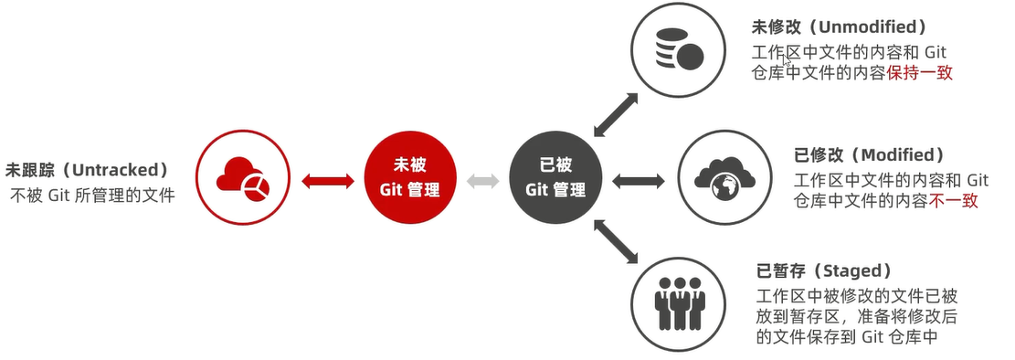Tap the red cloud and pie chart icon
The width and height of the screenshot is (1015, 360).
(x=243, y=177)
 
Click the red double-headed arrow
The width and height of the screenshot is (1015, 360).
(x=327, y=180)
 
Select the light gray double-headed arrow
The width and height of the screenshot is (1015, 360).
(x=482, y=180)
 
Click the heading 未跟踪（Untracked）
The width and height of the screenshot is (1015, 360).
(x=88, y=170)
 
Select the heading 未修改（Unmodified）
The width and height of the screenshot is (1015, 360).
(x=840, y=26)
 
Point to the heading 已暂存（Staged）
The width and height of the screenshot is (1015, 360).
(x=823, y=271)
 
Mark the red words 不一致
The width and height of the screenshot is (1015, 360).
(x=954, y=201)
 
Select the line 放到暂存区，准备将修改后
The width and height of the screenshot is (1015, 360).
(x=855, y=316)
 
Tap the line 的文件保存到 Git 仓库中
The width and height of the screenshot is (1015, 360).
(x=849, y=337)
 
